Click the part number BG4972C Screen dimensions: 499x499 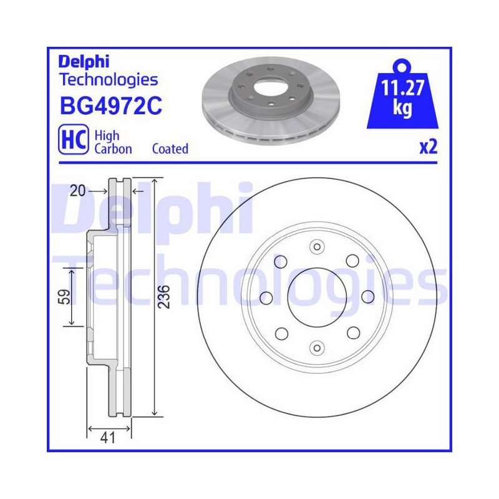[x=111, y=105]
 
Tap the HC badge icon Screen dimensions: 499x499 [x=74, y=139]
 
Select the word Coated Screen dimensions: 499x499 [x=170, y=148]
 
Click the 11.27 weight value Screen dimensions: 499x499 [x=402, y=88]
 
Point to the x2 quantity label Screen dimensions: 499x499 [x=429, y=147]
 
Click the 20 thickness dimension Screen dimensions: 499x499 [x=77, y=191]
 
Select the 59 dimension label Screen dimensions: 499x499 [x=65, y=297]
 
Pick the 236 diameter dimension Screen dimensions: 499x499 [x=164, y=297]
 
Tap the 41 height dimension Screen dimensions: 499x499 [x=107, y=438]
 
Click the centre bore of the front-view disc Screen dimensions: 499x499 [x=317, y=298]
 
